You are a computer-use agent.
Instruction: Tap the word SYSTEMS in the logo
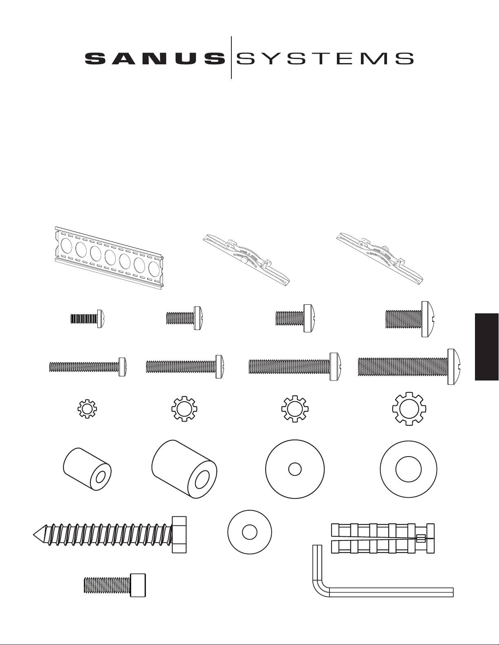tap(324, 59)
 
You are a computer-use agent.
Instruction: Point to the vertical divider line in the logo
tap(231, 58)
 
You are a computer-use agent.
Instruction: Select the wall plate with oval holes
tap(109, 257)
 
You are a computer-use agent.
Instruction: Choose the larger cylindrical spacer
tap(184, 469)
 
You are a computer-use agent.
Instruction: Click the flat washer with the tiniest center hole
tap(295, 469)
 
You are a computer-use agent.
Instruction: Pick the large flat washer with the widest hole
tap(409, 469)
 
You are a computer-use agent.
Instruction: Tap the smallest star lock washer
tap(87, 410)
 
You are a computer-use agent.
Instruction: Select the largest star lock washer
tap(409, 409)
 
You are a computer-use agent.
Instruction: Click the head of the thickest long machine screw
tap(455, 367)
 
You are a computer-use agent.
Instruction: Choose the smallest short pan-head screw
tap(88, 319)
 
